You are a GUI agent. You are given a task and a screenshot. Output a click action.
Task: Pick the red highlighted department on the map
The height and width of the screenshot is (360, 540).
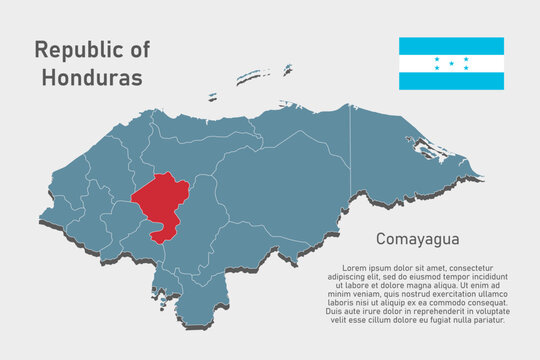160,200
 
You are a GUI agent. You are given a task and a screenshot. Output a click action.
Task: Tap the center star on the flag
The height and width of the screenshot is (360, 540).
451,63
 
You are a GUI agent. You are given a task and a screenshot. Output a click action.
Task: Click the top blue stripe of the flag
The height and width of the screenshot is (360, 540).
451,46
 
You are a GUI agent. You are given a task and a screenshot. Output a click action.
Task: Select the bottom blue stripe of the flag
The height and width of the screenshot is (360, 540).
451,81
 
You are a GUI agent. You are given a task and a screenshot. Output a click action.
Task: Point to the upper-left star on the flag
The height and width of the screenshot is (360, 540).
437,58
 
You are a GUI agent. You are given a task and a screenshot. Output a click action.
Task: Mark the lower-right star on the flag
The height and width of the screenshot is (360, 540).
466,68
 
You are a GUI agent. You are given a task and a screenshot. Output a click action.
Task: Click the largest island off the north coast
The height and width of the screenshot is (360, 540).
253,76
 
